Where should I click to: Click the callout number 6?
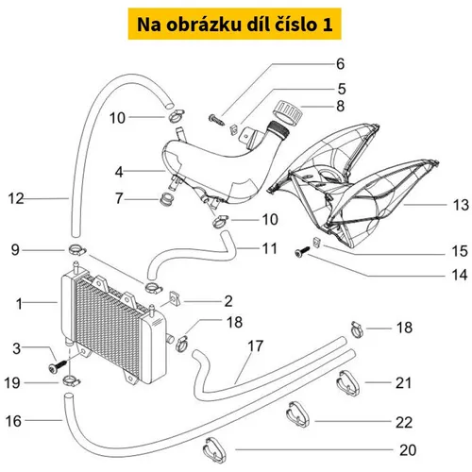click(340, 64)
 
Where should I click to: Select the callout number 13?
click(461, 205)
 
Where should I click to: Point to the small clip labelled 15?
click(316, 243)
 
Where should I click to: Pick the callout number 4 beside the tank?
click(119, 172)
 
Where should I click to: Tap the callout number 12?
click(16, 198)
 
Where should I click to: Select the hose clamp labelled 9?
click(76, 250)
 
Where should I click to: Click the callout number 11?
click(270, 248)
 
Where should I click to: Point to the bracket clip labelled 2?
click(175, 298)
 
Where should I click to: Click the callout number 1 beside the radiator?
click(20, 304)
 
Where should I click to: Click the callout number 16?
click(13, 421)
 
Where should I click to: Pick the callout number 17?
click(255, 346)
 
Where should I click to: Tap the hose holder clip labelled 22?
click(297, 414)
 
